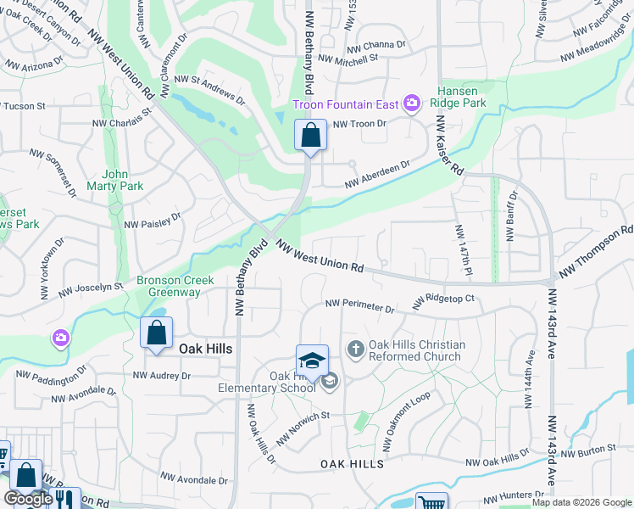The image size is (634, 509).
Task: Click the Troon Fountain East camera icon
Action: pos(412,103)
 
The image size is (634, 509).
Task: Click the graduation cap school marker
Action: pos(312,361)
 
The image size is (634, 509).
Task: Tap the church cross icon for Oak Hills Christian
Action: pos(355,349)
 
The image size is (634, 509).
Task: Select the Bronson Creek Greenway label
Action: pos(170,286)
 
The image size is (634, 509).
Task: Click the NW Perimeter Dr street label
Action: pos(359,305)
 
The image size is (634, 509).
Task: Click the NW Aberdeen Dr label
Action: pos(377,175)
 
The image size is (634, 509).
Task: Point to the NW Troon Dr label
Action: pos(359,124)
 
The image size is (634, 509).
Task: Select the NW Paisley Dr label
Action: pos(153,221)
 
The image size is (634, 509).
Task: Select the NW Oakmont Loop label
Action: pos(409,415)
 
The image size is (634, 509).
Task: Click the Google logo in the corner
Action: pos(28,499)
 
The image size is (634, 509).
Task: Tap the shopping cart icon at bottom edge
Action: pos(431,502)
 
